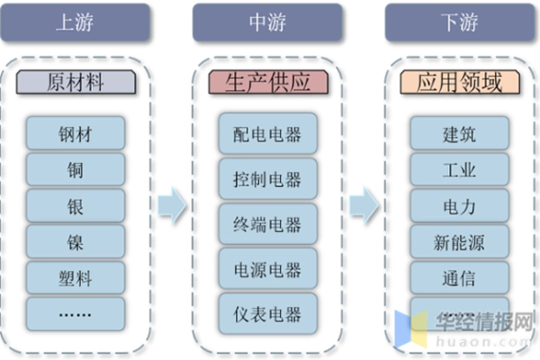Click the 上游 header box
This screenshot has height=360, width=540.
(76, 22)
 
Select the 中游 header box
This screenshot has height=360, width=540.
(267, 22)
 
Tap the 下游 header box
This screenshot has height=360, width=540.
(460, 22)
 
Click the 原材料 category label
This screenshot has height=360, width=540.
(76, 84)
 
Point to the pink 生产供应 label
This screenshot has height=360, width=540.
(267, 84)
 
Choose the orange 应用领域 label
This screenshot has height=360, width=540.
(460, 84)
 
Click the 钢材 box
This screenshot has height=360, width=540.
(76, 135)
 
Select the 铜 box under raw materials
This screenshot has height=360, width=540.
(76, 170)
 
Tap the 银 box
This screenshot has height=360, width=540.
(76, 205)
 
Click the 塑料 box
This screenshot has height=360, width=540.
(76, 275)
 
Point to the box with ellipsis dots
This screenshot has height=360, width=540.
(76, 311)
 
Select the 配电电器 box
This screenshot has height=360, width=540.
(267, 135)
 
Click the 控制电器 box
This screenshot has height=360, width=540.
(267, 179)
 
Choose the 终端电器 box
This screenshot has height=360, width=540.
(267, 224)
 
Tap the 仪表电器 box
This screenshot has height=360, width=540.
(267, 314)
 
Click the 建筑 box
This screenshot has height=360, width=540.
(460, 135)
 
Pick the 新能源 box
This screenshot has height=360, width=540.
(460, 240)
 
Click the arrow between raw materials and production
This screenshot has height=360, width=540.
(172, 206)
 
